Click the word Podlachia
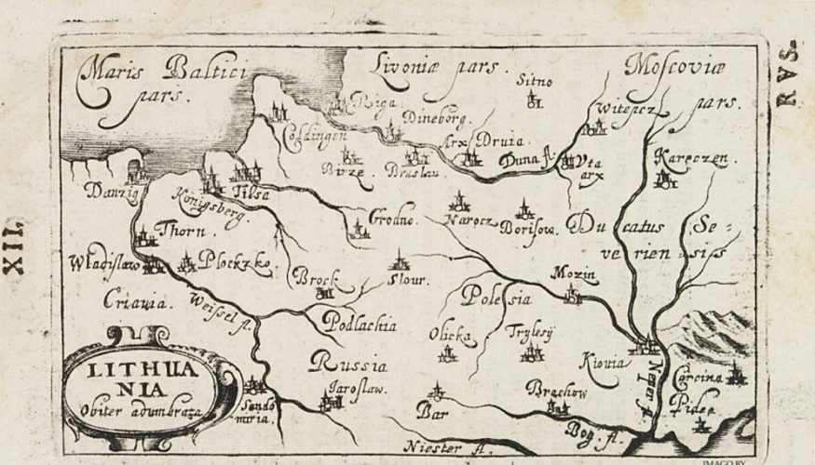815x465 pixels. click(360, 325)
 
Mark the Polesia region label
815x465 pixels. click(497, 299)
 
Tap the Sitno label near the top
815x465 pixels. click(535, 81)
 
